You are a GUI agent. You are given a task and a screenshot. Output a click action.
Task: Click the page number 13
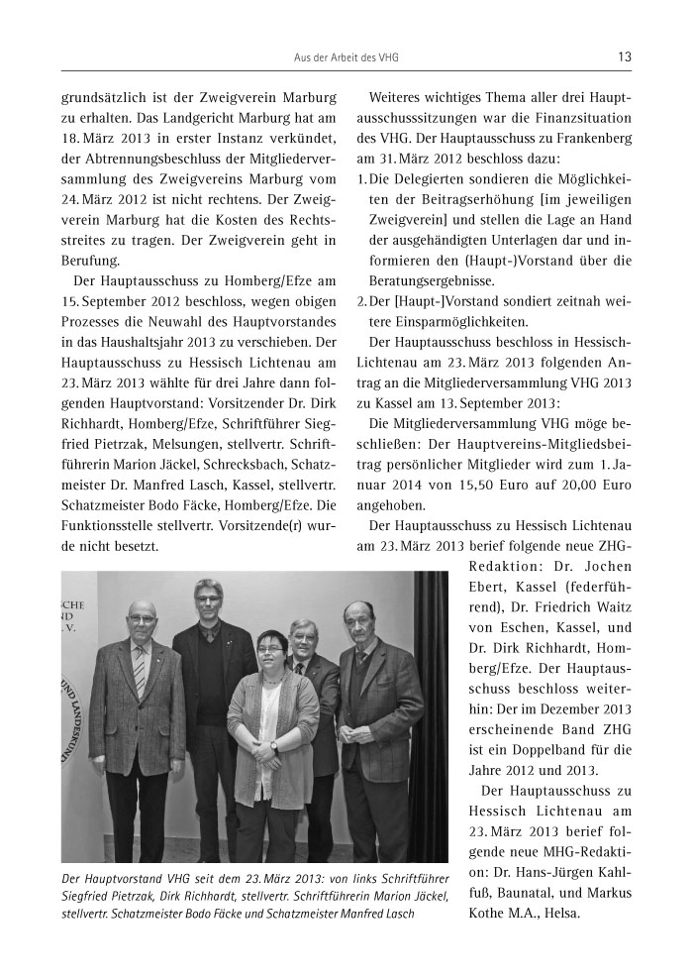pyautogui.click(x=624, y=57)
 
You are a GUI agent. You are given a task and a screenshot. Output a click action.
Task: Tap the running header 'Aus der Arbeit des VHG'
pyautogui.click(x=346, y=57)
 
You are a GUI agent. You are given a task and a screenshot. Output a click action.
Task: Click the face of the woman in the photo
pyautogui.click(x=270, y=650)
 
